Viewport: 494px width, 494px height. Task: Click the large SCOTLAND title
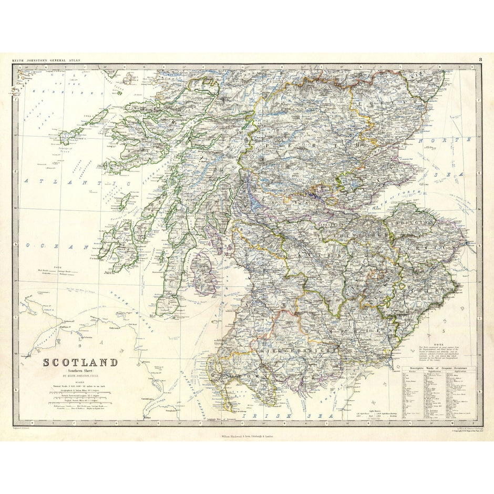click(80, 363)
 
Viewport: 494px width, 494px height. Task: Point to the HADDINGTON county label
click(413, 222)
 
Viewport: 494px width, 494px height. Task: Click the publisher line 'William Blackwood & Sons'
click(247, 436)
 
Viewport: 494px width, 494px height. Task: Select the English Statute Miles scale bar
click(79, 400)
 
